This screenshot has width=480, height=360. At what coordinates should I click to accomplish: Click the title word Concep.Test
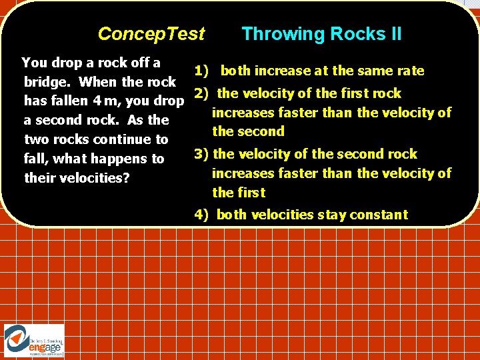tap(151, 34)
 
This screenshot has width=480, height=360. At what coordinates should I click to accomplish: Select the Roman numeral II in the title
tap(394, 34)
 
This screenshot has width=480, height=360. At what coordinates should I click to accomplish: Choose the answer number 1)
tap(201, 71)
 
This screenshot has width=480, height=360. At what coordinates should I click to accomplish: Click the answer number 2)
tap(202, 93)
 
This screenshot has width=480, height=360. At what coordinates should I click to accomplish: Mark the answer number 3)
tap(201, 155)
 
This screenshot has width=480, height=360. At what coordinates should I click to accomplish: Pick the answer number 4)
tap(202, 215)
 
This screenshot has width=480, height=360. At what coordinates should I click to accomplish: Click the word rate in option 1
tap(411, 71)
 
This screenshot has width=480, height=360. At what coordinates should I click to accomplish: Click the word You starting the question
tap(34, 63)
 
